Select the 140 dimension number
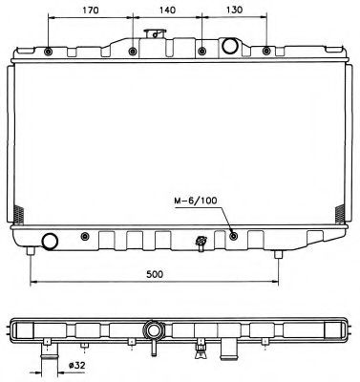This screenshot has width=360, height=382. [167, 12]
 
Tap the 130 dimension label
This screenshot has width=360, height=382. [233, 12]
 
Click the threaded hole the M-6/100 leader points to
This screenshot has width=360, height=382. [233, 236]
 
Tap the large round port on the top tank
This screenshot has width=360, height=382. [230, 46]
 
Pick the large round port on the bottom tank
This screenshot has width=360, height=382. [49, 241]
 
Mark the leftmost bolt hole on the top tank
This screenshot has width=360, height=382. [49, 50]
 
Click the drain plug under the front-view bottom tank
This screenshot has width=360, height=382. [201, 244]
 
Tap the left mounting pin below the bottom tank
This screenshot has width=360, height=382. [32, 252]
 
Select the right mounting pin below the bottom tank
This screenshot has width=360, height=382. [279, 253]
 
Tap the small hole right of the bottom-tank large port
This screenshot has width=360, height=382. [86, 236]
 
